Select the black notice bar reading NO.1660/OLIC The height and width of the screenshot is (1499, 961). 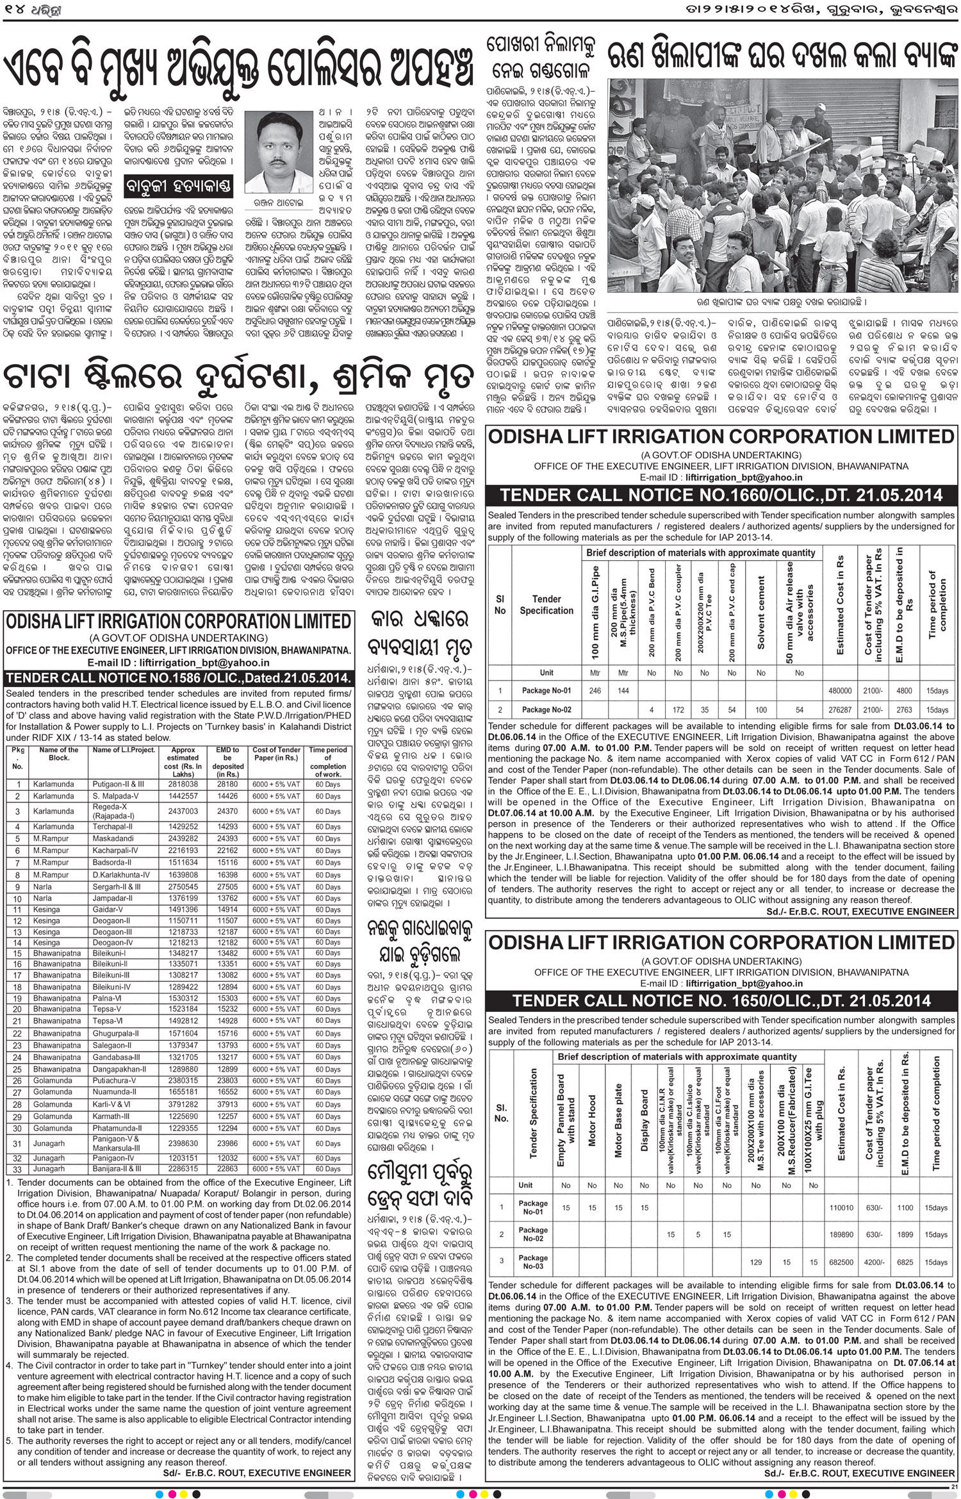click(x=721, y=495)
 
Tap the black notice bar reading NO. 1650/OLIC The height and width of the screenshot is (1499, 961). click(x=721, y=1000)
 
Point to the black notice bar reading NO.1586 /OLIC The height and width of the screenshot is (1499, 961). click(x=179, y=679)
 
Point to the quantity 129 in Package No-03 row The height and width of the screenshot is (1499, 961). click(x=755, y=1262)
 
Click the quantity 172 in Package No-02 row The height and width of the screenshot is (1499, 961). click(x=678, y=709)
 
